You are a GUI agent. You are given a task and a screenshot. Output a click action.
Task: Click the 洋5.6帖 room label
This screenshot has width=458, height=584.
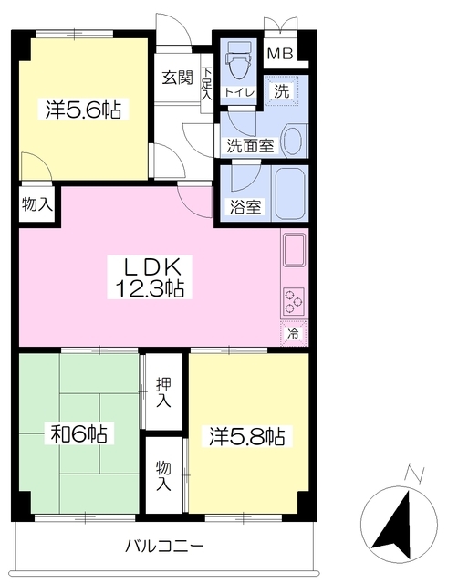[x=83, y=110]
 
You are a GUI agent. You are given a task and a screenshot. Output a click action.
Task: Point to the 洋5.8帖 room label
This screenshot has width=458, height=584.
[x=247, y=435]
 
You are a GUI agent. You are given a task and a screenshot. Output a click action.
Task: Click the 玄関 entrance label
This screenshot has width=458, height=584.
[x=177, y=77]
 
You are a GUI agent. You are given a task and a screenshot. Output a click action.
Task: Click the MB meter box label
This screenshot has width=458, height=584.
[x=279, y=52]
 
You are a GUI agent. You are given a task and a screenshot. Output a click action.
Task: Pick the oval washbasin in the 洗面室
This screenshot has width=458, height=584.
[x=293, y=140]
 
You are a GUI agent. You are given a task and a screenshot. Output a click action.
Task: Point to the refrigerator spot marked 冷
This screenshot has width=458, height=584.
[x=294, y=334]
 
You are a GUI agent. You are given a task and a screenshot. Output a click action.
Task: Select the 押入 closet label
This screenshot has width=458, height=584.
[x=163, y=392]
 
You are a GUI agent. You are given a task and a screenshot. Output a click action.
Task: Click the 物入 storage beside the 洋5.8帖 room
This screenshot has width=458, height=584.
[x=163, y=475]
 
